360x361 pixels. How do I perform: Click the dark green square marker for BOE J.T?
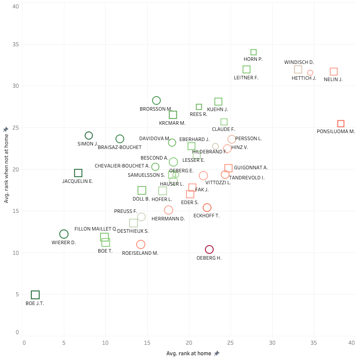click(x=35, y=295)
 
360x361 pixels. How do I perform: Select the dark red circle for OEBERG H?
click(x=209, y=249)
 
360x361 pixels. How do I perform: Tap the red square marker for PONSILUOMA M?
click(x=341, y=124)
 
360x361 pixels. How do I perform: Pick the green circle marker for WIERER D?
click(x=64, y=234)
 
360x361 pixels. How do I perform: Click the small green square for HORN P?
click(x=253, y=52)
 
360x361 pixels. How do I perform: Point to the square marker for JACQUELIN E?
click(x=78, y=173)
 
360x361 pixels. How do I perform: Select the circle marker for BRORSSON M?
click(x=156, y=100)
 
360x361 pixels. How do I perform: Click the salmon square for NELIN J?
click(x=334, y=72)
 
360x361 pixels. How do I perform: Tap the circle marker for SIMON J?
click(x=89, y=136)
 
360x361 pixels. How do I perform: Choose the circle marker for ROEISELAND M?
click(x=141, y=244)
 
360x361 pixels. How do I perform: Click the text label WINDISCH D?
click(x=299, y=63)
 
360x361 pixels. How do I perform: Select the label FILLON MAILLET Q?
click(x=96, y=229)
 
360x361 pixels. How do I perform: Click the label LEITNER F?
click(x=246, y=78)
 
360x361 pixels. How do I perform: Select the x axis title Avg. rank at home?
click(x=189, y=354)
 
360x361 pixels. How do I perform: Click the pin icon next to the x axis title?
click(x=216, y=354)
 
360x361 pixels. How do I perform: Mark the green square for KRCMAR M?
click(x=173, y=115)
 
